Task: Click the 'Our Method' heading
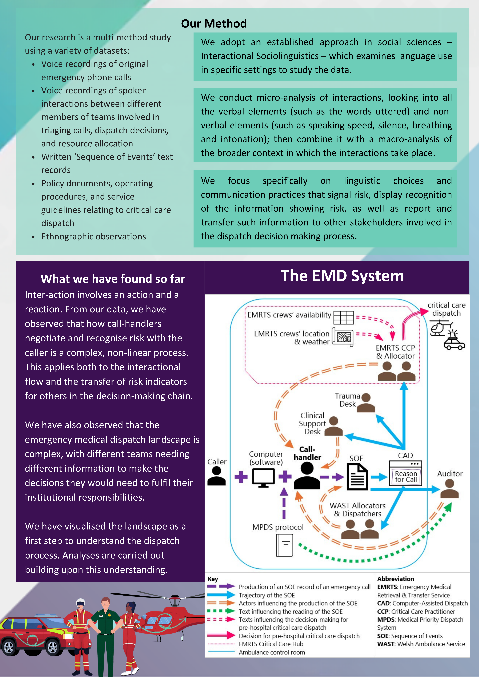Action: click(214, 24)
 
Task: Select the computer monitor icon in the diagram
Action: click(263, 478)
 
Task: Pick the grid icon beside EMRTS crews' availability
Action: click(344, 318)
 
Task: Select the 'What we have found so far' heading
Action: click(113, 279)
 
